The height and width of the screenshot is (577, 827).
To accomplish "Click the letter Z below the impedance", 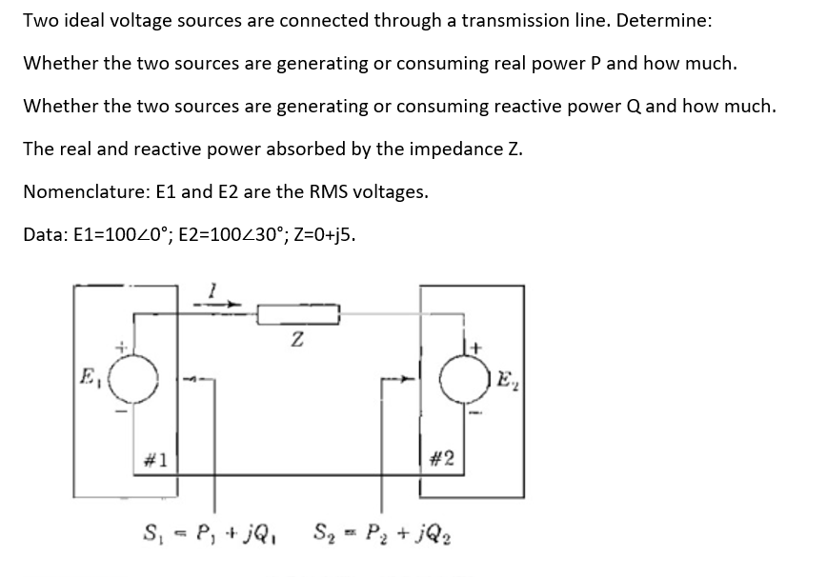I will click(297, 338).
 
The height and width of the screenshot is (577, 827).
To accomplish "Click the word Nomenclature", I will click(83, 191).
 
